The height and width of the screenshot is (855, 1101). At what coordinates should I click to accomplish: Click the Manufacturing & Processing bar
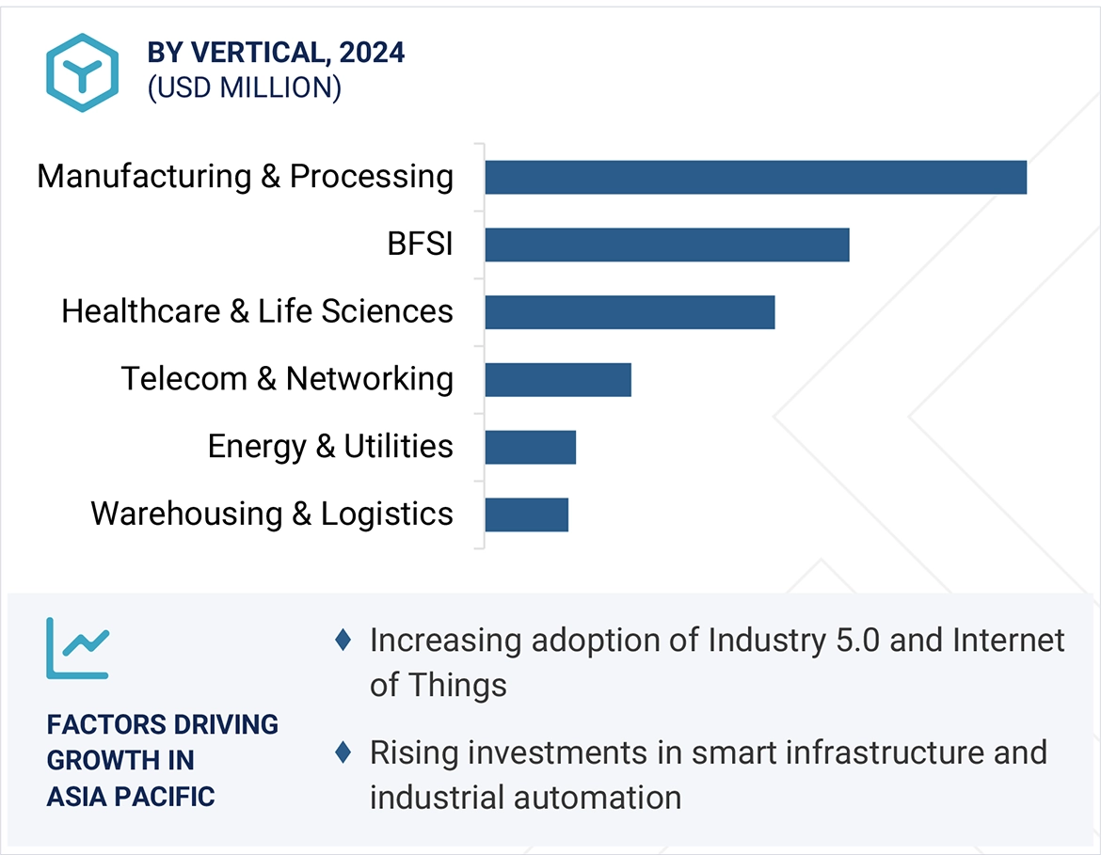point(756,177)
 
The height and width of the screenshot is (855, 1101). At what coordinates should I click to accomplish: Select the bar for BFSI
point(667,245)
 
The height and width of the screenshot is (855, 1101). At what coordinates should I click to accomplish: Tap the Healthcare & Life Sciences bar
point(630,312)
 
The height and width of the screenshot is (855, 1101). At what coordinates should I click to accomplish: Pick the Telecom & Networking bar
point(558,379)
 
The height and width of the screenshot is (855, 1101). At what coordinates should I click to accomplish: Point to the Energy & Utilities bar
point(530,447)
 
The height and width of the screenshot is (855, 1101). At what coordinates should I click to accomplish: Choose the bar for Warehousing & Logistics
point(526,515)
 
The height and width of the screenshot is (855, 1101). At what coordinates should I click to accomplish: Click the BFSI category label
point(420,245)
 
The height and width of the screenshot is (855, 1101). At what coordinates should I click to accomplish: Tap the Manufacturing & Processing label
point(245,177)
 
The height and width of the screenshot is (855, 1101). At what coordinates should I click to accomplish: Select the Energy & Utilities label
point(330,447)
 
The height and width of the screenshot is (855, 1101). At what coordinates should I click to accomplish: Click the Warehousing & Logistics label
point(272,515)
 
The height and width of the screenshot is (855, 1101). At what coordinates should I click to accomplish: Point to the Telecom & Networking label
point(287,379)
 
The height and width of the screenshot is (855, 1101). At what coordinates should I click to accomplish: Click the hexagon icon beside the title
point(83,72)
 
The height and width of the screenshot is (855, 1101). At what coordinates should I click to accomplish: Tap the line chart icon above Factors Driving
point(78,647)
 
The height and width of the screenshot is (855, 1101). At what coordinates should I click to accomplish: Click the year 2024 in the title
point(373,53)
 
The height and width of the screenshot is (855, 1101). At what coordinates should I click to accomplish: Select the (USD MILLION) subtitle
point(244,87)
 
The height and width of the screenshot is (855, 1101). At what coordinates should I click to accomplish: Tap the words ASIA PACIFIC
point(131,797)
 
